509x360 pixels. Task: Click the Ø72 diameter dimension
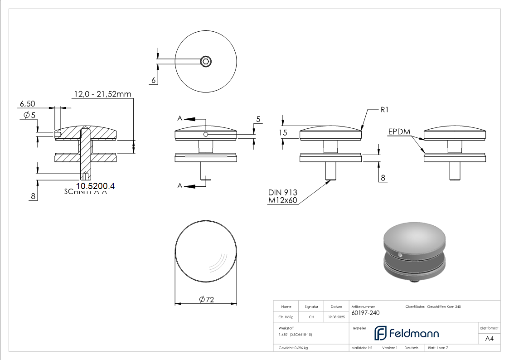click(206, 300)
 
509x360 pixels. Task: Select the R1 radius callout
click(385, 110)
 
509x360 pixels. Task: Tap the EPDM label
click(399, 132)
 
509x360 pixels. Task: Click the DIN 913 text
click(282, 192)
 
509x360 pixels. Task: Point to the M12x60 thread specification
click(283, 200)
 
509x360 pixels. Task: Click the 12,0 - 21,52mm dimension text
click(102, 94)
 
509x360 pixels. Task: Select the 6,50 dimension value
click(27, 104)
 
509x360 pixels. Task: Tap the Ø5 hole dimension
click(29, 115)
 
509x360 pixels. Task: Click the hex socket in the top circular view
click(206, 61)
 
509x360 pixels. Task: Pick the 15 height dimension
click(283, 133)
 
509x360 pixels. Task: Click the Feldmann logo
click(406, 333)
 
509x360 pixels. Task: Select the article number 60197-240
click(365, 313)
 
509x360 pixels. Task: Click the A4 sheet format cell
click(489, 338)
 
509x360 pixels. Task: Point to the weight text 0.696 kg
click(293, 348)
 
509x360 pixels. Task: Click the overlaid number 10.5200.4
click(95, 186)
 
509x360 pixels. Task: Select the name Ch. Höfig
click(286, 317)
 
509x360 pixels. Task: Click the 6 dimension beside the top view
click(153, 80)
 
